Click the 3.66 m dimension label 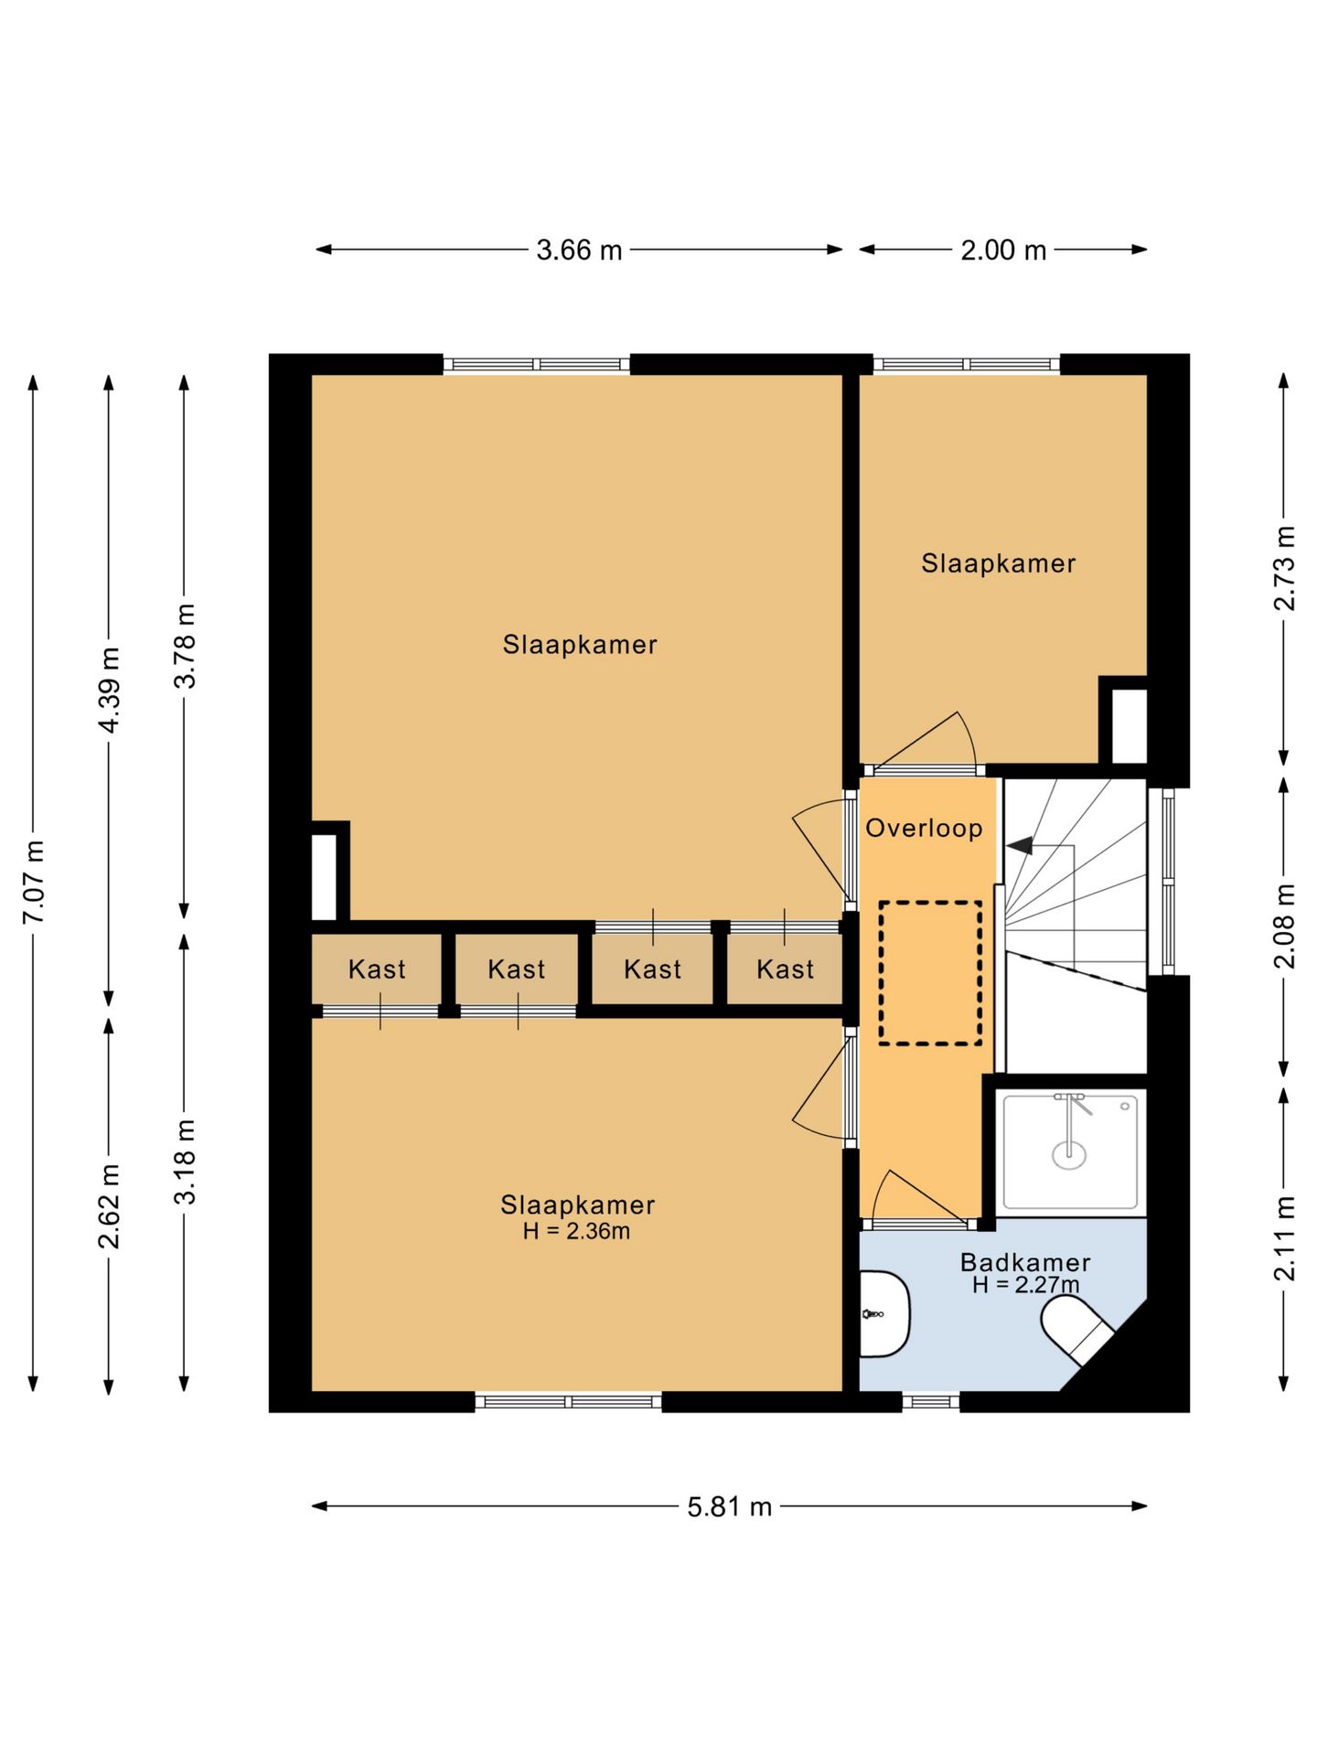click(579, 250)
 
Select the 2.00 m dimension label click(1003, 250)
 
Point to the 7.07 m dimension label click(34, 882)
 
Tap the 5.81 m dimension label click(730, 1506)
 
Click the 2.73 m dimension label click(1285, 568)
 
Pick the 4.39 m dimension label click(110, 690)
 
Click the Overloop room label click(924, 828)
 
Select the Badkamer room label click(1025, 1262)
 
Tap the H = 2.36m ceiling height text click(576, 1231)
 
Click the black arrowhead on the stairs click(1020, 845)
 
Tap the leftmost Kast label click(377, 969)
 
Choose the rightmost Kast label click(785, 969)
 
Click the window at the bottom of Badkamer click(931, 1401)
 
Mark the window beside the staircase click(1168, 881)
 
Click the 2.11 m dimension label click(1285, 1237)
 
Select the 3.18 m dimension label click(185, 1161)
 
